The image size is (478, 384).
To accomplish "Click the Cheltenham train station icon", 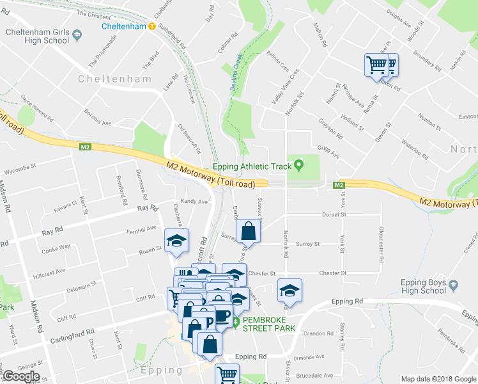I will [x=152, y=26].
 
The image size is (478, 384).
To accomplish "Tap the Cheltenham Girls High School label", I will [x=37, y=36].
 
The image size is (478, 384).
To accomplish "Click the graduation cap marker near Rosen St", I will [x=176, y=241].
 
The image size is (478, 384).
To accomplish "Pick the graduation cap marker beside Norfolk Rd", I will [x=289, y=291].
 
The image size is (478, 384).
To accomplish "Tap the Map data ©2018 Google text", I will [x=438, y=379].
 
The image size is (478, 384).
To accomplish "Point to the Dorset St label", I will [x=334, y=215].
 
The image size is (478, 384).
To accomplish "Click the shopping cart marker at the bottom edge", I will [x=227, y=374].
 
